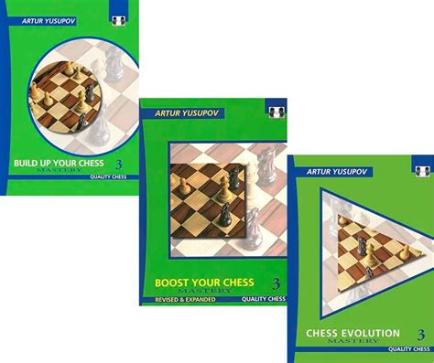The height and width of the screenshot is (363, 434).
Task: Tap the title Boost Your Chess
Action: point(203,282)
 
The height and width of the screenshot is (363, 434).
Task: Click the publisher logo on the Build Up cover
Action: point(118,16)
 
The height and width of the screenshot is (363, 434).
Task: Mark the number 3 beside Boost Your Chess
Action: point(275,283)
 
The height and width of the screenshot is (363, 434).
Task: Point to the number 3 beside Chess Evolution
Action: point(421,334)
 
